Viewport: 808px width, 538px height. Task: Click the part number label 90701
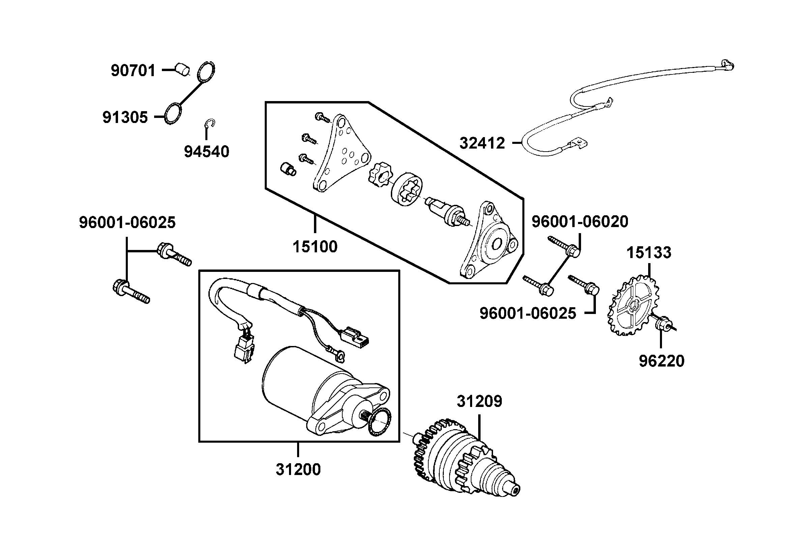(x=133, y=71)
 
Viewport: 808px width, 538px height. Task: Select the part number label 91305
(x=125, y=117)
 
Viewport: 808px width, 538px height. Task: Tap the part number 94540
(x=206, y=152)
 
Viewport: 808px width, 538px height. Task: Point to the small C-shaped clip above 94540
(x=210, y=125)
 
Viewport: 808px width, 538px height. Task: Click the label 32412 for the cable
(x=482, y=143)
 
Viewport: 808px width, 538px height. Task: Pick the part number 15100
(x=315, y=247)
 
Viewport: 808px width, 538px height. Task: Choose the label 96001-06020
(x=580, y=222)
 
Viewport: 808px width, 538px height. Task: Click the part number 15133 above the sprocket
(x=649, y=253)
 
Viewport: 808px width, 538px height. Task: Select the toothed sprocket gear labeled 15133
(x=634, y=306)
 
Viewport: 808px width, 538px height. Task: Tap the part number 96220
(x=661, y=361)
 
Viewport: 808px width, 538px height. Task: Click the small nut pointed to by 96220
(x=663, y=323)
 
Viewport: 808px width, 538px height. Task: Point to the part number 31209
(x=480, y=402)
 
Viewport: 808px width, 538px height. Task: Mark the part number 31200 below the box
(x=298, y=469)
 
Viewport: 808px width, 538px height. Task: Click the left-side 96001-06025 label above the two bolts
(x=127, y=222)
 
